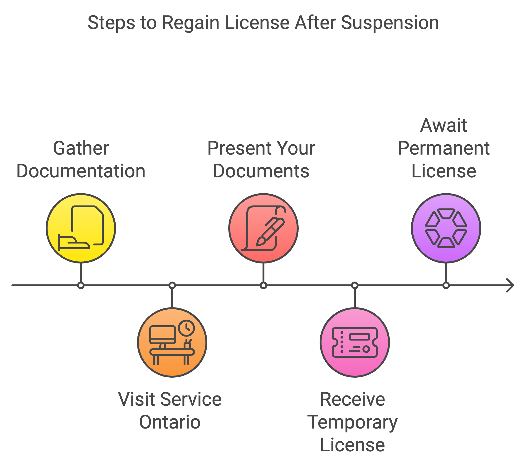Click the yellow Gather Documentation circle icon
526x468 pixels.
click(x=81, y=228)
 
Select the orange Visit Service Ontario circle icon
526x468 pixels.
click(x=172, y=342)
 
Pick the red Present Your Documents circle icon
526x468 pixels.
click(x=263, y=228)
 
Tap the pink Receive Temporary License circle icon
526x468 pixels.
click(x=355, y=342)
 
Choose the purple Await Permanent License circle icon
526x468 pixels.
click(x=446, y=228)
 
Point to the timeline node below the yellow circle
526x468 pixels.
click(x=81, y=285)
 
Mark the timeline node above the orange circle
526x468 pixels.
click(x=172, y=285)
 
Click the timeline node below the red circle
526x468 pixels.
click(x=263, y=285)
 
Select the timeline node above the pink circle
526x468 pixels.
click(x=355, y=285)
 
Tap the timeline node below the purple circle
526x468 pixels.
click(x=446, y=285)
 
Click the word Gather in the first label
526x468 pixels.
click(x=81, y=148)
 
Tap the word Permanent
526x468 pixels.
click(x=443, y=148)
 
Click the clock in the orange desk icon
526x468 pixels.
click(x=186, y=328)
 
